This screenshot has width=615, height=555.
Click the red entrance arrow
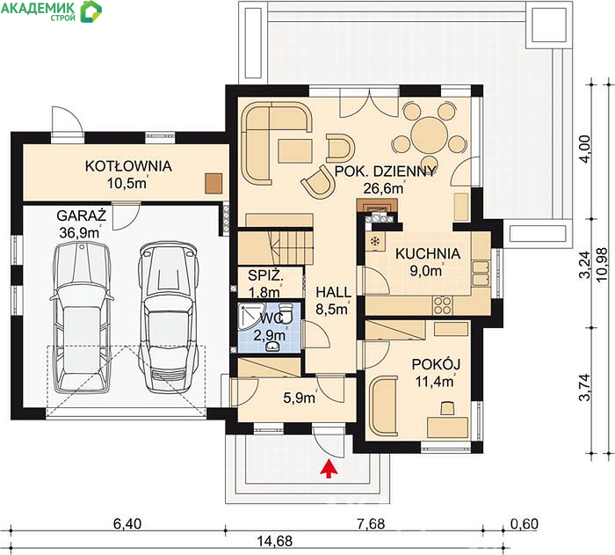(x=329, y=470)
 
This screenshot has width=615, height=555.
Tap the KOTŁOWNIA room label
(x=128, y=166)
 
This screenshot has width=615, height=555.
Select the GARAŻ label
(x=82, y=215)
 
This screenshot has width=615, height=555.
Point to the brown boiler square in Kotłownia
(x=213, y=184)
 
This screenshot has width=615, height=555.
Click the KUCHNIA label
(x=428, y=253)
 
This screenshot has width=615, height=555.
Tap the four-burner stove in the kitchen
(x=443, y=305)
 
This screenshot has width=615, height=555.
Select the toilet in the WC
(x=286, y=311)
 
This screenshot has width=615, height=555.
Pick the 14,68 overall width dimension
(x=274, y=541)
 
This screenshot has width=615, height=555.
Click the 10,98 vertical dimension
(x=602, y=265)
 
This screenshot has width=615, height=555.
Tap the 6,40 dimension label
(x=127, y=523)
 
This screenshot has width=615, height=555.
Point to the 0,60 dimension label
(x=525, y=523)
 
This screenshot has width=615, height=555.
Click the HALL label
(x=333, y=292)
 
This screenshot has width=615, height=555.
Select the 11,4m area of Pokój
(x=435, y=381)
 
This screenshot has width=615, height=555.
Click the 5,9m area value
(x=300, y=398)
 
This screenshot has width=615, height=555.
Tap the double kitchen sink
(x=481, y=273)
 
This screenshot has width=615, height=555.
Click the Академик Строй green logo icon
(x=90, y=11)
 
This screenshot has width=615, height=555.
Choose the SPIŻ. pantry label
(x=265, y=275)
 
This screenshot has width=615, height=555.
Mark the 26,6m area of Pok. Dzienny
(x=383, y=188)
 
